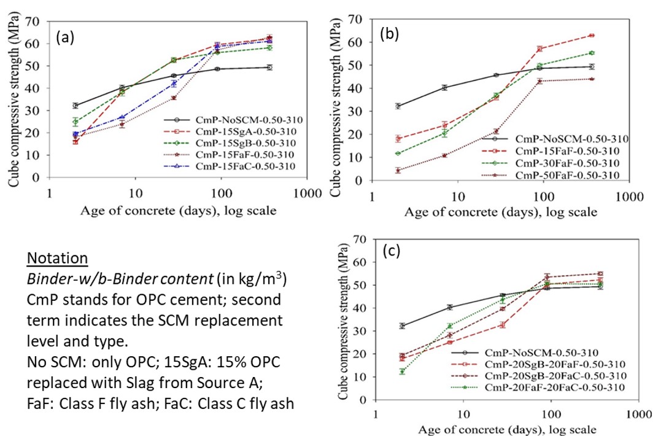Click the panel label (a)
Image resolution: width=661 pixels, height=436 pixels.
[65, 38]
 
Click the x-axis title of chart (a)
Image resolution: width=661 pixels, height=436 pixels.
[178, 211]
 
